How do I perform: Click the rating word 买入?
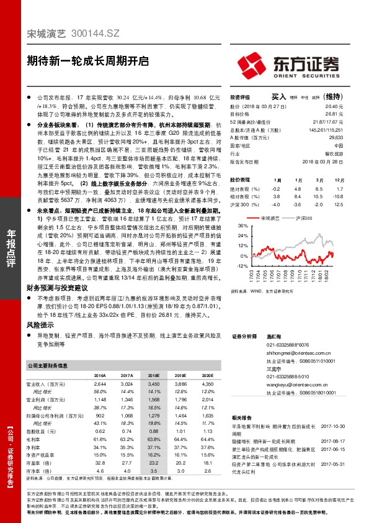point(279,97)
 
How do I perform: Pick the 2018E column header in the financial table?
point(153,376)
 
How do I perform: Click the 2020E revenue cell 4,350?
point(207,385)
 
